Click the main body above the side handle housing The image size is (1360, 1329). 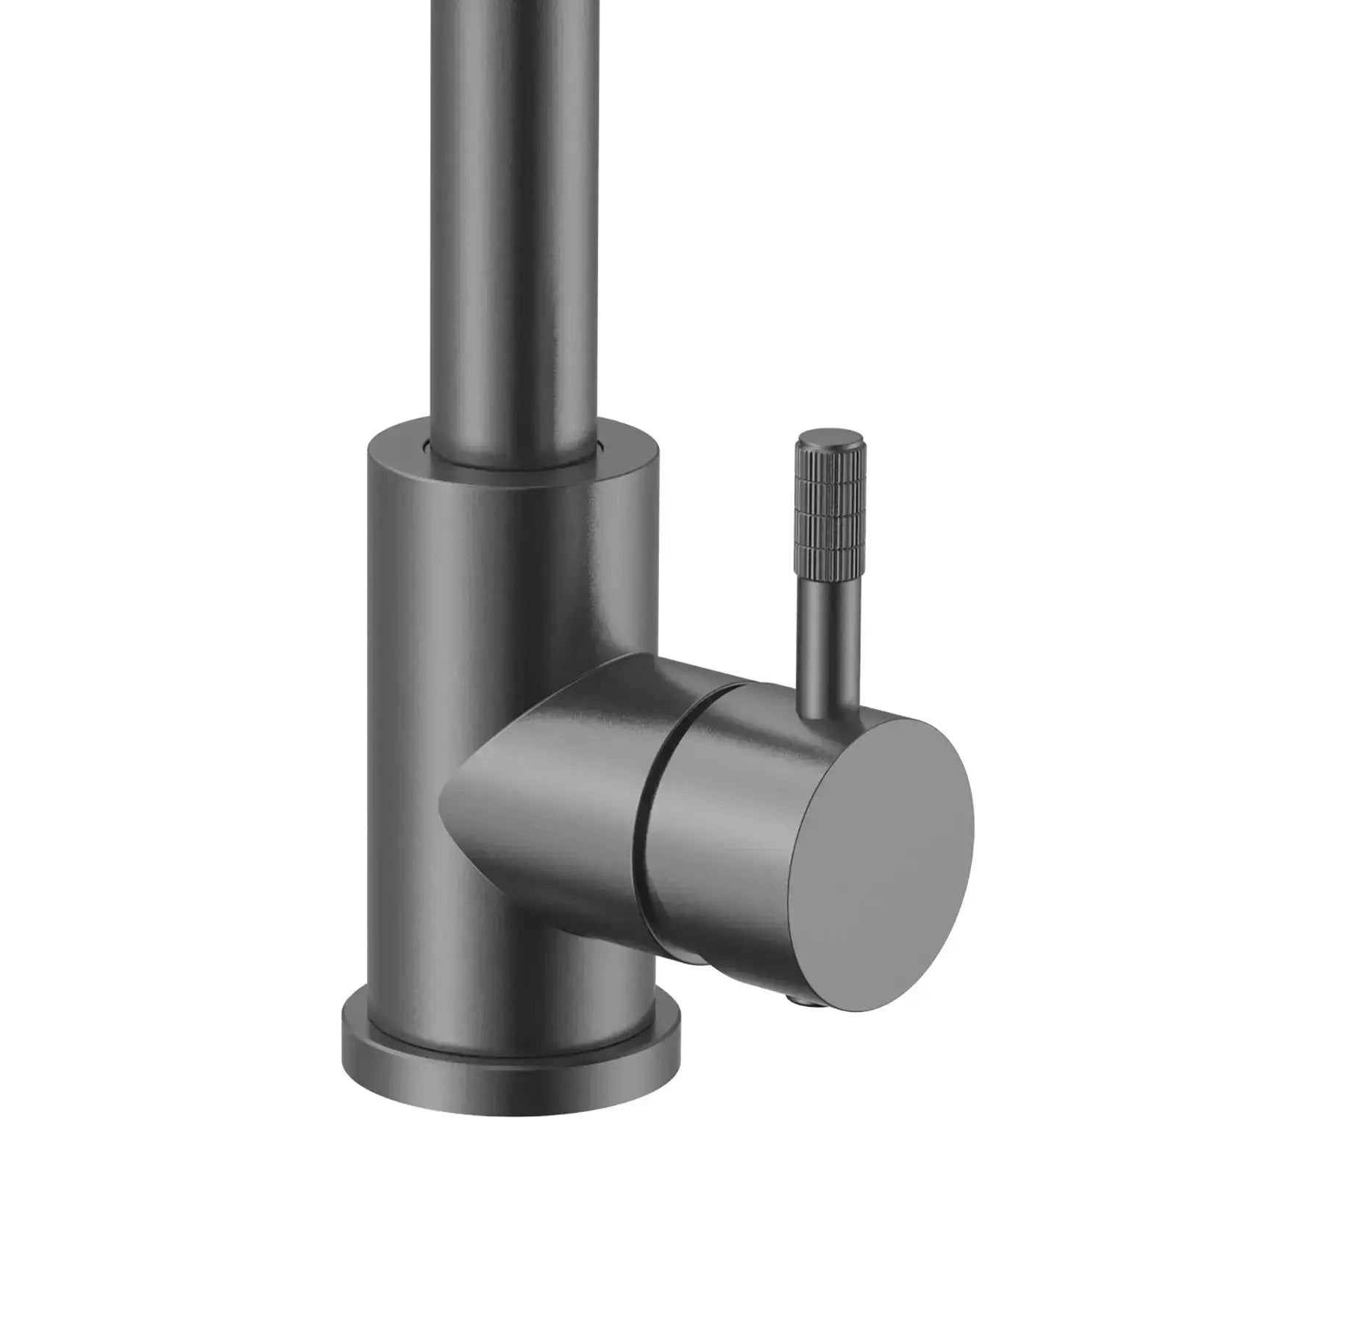(508, 574)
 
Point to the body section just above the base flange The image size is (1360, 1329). (508, 986)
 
